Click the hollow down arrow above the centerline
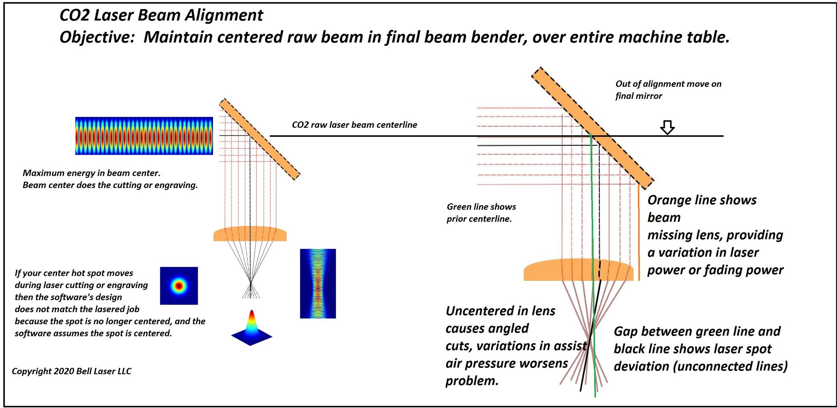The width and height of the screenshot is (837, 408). (667, 127)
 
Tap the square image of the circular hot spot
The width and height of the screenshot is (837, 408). (179, 286)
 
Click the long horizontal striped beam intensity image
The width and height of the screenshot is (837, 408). (144, 136)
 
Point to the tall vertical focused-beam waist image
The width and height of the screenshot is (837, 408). (318, 283)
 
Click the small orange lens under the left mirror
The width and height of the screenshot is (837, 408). (250, 234)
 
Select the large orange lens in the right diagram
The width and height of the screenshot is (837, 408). (578, 270)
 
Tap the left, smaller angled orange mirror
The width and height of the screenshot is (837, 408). (259, 139)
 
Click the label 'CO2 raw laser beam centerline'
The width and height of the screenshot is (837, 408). (354, 125)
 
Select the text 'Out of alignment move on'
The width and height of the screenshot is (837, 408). (668, 84)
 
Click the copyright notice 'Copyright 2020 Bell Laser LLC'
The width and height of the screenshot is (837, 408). (71, 371)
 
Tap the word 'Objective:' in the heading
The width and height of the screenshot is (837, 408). (97, 37)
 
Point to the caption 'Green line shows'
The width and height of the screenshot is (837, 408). (481, 207)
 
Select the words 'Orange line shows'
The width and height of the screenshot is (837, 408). (702, 200)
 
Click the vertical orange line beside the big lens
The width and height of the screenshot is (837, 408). (639, 232)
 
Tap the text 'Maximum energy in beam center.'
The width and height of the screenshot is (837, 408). (91, 173)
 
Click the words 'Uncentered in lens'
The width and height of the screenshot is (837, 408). (500, 311)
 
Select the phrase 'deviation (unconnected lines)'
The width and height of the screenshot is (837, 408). (700, 367)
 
